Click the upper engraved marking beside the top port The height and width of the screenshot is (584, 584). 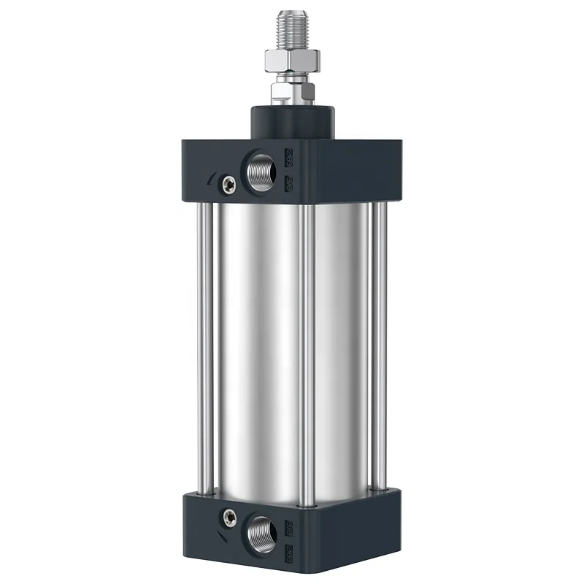(288, 155)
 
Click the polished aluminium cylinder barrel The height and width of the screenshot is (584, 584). (255, 350)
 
